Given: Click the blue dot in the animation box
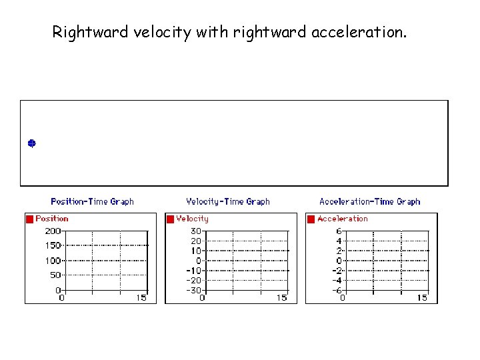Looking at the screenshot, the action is [x=31, y=143].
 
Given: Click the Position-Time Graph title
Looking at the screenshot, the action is [x=92, y=201].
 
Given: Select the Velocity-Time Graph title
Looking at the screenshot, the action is [x=228, y=201].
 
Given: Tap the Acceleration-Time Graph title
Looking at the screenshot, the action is [x=370, y=201].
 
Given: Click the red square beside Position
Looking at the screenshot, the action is [x=29, y=219].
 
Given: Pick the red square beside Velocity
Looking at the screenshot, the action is [x=170, y=219].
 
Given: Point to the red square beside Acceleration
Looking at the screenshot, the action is [x=311, y=219].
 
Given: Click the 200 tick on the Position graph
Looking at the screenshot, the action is [x=53, y=231].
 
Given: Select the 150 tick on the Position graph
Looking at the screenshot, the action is [x=53, y=245].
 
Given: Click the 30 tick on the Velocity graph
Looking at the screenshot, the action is [x=196, y=231].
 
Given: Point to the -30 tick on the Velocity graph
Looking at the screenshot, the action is [x=193, y=290].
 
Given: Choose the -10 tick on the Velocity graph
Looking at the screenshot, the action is [x=193, y=271].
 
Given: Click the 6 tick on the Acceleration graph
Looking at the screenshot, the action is [x=339, y=231].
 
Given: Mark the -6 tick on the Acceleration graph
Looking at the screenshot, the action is [x=337, y=290].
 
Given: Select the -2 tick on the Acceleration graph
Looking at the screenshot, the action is [x=337, y=271].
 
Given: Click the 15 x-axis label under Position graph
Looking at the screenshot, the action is [x=141, y=298].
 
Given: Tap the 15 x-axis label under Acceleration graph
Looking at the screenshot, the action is [x=422, y=298].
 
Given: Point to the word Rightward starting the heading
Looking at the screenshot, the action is [x=85, y=32].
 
